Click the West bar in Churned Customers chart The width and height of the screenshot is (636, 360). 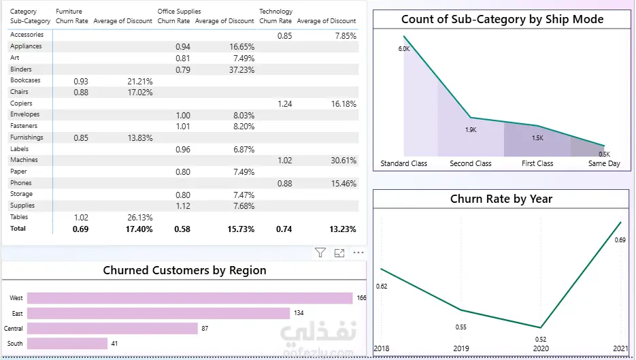click(190, 298)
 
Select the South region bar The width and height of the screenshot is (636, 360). click(67, 344)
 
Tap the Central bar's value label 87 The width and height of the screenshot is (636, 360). click(205, 328)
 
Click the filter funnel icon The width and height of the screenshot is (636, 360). click(320, 253)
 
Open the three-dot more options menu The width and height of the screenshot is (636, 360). click(358, 252)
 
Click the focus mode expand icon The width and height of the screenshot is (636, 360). click(339, 253)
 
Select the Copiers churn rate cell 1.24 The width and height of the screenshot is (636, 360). click(285, 104)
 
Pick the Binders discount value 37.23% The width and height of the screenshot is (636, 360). click(241, 70)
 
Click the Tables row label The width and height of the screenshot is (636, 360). click(19, 217)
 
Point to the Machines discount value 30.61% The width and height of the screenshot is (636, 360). click(344, 161)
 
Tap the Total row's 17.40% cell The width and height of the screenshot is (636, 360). click(139, 229)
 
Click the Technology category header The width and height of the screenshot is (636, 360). click(275, 12)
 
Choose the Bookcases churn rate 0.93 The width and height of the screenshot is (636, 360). click(81, 81)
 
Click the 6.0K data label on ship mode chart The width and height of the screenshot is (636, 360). click(404, 49)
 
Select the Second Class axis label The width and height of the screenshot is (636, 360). click(471, 163)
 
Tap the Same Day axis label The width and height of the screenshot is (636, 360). click(604, 163)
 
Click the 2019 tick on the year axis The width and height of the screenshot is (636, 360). click(461, 348)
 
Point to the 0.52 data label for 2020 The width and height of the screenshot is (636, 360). click(541, 339)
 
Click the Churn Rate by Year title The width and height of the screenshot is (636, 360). click(501, 199)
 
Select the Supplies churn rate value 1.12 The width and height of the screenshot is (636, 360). click(183, 206)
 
